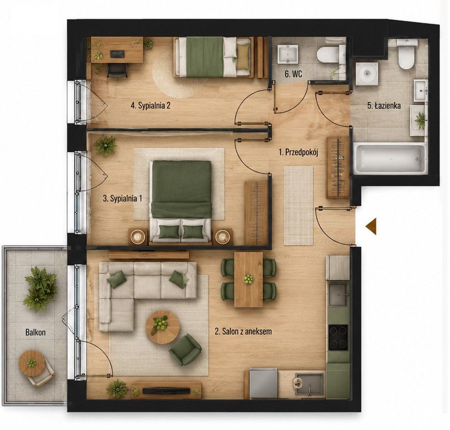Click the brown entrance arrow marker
click(x=371, y=226)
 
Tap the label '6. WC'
click(x=293, y=74)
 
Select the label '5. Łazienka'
click(x=384, y=106)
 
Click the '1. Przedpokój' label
click(x=299, y=152)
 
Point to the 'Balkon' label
click(x=35, y=332)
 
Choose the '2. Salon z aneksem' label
click(x=243, y=331)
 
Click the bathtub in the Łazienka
click(x=390, y=159)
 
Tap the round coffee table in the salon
click(x=163, y=328)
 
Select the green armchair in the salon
click(x=185, y=350)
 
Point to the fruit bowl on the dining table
click(x=248, y=279)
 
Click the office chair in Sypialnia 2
click(x=117, y=69)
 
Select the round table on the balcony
click(x=31, y=363)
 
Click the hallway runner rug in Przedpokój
click(x=299, y=205)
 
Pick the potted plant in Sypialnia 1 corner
click(x=105, y=146)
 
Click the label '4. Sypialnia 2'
click(x=150, y=105)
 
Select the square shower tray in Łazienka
click(x=367, y=74)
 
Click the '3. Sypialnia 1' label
click(x=122, y=199)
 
